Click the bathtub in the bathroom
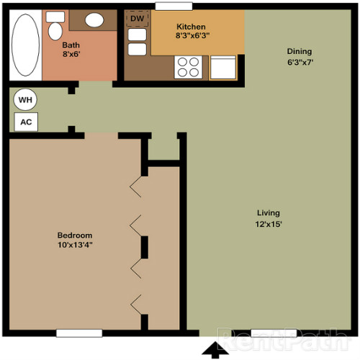[26, 45]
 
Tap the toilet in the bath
[55, 29]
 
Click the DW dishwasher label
[136, 18]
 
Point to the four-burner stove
[189, 67]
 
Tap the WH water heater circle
[24, 100]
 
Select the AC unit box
[26, 122]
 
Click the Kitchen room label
[191, 27]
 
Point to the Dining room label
[300, 51]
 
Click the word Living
[268, 213]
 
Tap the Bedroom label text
[75, 235]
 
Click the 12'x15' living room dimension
[268, 223]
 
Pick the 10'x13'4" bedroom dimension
[75, 246]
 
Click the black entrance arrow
[214, 350]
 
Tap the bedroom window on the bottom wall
[79, 333]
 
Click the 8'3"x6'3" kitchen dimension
[191, 37]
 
